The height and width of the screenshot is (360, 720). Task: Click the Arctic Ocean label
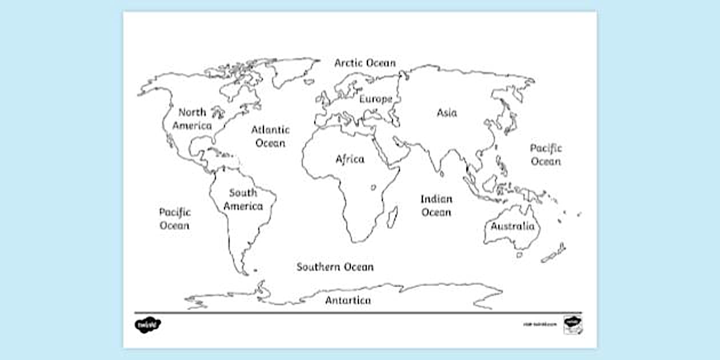coord(365,63)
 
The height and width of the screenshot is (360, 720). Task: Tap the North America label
coord(192,119)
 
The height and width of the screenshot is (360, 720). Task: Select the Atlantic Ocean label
coord(270,137)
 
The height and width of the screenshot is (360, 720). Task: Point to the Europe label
coord(375,99)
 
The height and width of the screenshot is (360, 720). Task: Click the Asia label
coord(447,113)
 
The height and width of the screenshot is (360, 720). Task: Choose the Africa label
coord(350,159)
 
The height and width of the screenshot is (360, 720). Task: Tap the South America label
coord(243,199)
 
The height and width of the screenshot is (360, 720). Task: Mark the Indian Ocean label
coord(437,206)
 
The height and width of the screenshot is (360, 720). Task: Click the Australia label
coord(513,226)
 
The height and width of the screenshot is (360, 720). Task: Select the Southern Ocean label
coord(335,267)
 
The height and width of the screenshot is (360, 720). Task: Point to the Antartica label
coord(348,301)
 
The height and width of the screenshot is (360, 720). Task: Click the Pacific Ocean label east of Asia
coord(546,155)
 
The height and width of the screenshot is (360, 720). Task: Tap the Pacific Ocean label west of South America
coord(174,219)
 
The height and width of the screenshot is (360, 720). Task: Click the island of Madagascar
coord(393,217)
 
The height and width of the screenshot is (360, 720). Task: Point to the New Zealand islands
coord(555,253)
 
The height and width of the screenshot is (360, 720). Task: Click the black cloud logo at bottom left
coord(147,325)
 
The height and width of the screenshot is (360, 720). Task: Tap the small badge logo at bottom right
coord(571,323)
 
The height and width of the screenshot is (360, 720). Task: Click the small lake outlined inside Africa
coord(373,187)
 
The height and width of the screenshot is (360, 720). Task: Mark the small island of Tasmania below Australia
coord(519,255)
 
